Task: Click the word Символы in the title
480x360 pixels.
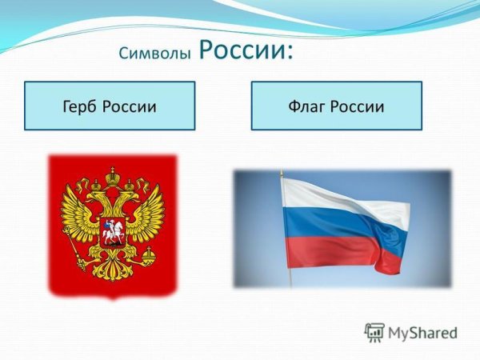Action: [x=155, y=54]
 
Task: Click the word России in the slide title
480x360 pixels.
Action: [x=241, y=50]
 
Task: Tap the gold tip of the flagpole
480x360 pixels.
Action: [x=282, y=174]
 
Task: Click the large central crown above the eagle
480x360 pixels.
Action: [x=113, y=172]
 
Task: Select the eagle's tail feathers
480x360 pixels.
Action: [x=113, y=272]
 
